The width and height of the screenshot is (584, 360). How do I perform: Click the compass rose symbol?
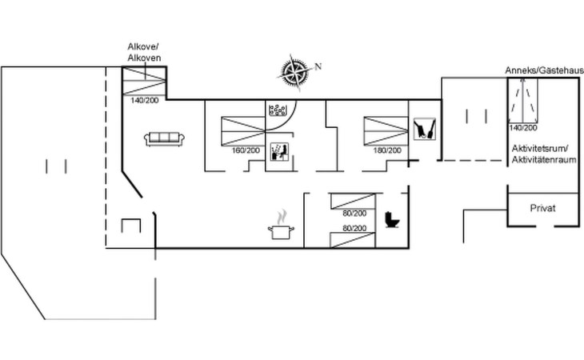(294, 73)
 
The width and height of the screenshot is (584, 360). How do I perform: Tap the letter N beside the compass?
(318, 66)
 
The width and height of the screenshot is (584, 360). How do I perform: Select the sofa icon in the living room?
(164, 139)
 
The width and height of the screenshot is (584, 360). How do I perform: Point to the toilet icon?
(392, 220)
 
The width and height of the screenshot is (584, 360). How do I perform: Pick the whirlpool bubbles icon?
(278, 110)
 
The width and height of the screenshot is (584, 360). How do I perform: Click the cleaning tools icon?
(425, 129)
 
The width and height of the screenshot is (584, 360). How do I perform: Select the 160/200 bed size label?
(246, 150)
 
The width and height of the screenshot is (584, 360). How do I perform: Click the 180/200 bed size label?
(387, 150)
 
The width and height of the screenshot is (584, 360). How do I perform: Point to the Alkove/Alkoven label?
(144, 52)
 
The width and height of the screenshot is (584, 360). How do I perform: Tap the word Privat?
(542, 208)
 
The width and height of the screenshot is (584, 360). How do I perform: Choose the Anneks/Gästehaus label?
(544, 70)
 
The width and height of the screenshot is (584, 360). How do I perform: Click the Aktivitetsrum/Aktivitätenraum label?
(544, 154)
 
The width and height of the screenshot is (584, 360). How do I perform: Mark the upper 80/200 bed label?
(354, 214)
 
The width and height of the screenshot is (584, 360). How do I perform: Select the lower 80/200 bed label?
(354, 228)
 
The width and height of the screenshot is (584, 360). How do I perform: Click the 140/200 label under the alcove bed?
(145, 100)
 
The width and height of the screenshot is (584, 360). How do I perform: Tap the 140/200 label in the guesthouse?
(523, 128)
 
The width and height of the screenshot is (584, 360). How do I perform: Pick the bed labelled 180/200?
(386, 130)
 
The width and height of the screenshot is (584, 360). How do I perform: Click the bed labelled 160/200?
(243, 131)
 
